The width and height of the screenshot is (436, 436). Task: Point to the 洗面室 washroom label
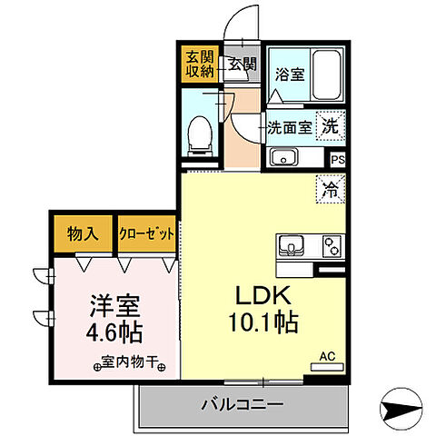pyautogui.click(x=290, y=128)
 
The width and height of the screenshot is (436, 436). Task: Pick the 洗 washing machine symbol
pyautogui.click(x=333, y=128)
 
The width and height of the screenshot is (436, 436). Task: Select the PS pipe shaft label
pyautogui.click(x=338, y=160)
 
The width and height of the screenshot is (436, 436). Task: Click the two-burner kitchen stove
pyautogui.click(x=331, y=246)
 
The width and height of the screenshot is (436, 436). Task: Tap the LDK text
pyautogui.click(x=264, y=296)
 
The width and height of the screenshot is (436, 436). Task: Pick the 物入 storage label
pyautogui.click(x=83, y=234)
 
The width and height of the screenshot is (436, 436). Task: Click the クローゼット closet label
pyautogui.click(x=145, y=234)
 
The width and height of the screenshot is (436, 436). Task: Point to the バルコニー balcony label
pyautogui.click(x=243, y=402)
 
